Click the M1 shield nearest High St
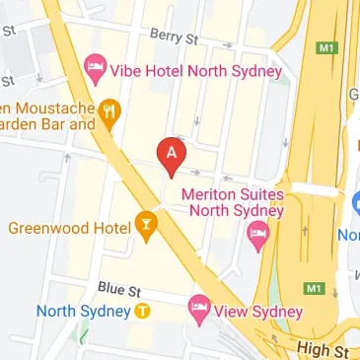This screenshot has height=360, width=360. point(315,288)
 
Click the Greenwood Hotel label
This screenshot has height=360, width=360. point(69,228)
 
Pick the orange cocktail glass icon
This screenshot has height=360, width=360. point(146,226)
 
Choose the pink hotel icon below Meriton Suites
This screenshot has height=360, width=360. point(258,236)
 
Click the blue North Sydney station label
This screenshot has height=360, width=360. point(83,311)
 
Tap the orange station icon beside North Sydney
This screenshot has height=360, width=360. point(143,311)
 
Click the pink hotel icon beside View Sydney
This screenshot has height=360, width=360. point(200,309)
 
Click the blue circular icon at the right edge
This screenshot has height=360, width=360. point(356,203)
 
